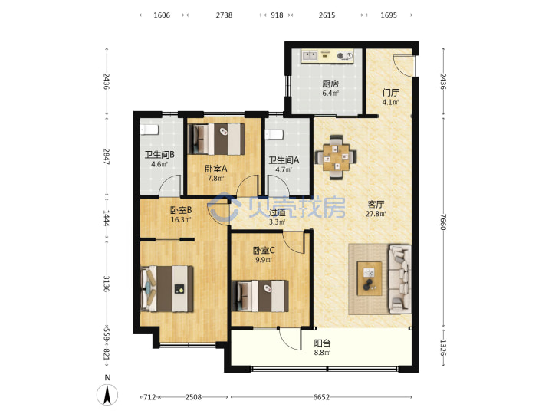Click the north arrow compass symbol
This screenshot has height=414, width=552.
(107, 395)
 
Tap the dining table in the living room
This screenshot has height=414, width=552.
(336, 157)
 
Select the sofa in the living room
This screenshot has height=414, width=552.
(399, 278)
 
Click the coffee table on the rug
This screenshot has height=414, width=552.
(370, 278)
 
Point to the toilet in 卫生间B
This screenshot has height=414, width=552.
(149, 130)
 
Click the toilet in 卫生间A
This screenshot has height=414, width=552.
(274, 134)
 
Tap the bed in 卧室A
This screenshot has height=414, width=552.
(216, 139)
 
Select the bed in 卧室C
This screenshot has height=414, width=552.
(260, 296)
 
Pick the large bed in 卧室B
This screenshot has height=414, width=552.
(167, 289)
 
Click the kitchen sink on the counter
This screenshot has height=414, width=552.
(310, 56)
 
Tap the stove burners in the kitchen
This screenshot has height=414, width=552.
(345, 56)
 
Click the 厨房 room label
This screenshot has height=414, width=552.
(330, 84)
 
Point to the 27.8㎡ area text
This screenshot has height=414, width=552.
(376, 214)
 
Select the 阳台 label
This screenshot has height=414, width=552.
(322, 343)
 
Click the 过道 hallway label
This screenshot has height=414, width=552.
(277, 212)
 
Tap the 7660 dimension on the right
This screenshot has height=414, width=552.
(443, 222)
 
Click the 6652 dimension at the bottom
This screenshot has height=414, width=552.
(321, 397)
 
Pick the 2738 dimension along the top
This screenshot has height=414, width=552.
(224, 15)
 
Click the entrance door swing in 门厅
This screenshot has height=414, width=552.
(402, 65)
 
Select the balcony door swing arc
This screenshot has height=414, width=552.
(289, 339)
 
